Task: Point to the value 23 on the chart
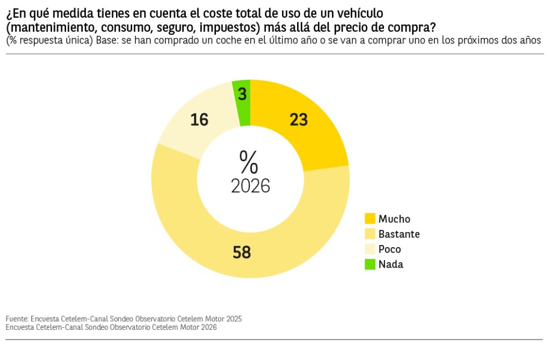[299, 120]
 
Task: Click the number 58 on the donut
[242, 252]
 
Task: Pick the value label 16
[199, 120]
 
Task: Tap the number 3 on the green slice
[242, 95]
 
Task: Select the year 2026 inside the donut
[250, 186]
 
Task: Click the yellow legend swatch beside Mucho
[370, 219]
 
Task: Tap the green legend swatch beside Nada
[370, 264]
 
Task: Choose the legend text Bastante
[399, 234]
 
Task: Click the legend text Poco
[389, 249]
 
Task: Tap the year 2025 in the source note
[234, 319]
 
